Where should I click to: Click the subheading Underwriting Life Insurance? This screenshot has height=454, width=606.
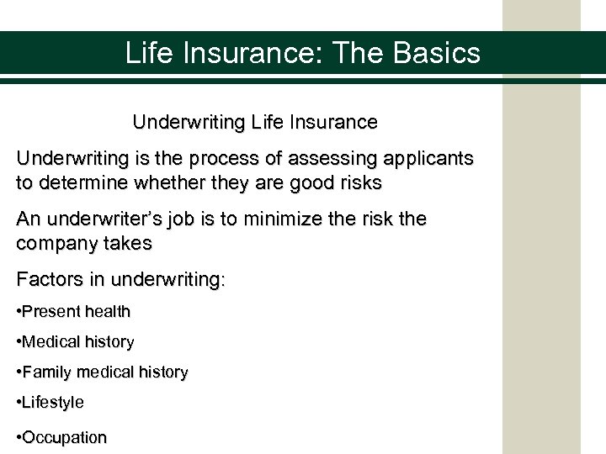pyautogui.click(x=255, y=122)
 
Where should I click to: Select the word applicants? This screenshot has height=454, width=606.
pyautogui.click(x=430, y=159)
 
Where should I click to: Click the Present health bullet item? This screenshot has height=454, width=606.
pyautogui.click(x=74, y=312)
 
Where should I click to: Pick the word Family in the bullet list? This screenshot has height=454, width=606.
pyautogui.click(x=47, y=372)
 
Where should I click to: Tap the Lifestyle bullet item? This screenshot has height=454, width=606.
pyautogui.click(x=50, y=402)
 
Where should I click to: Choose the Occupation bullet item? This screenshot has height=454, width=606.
pyautogui.click(x=61, y=437)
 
